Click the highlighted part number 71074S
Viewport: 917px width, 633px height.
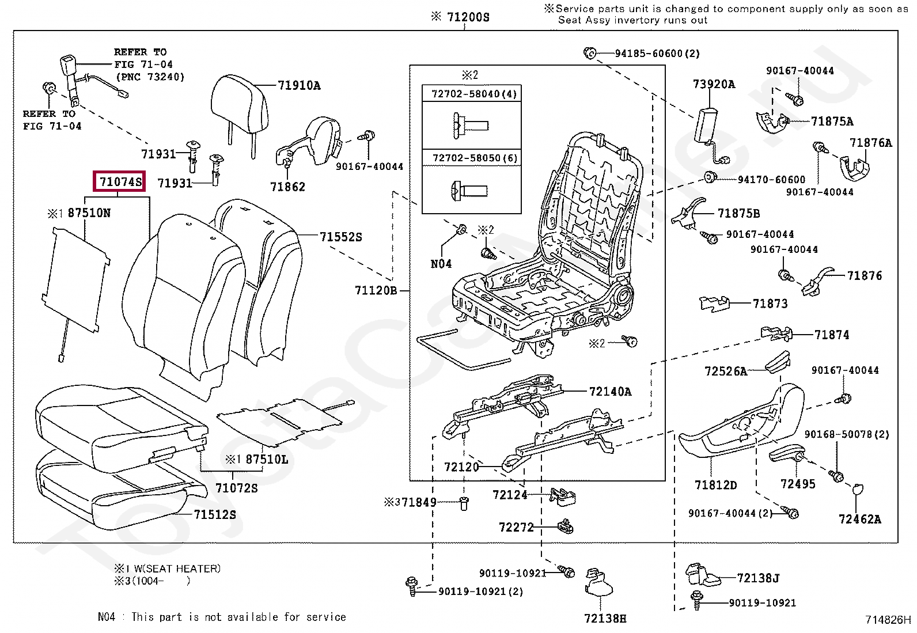pos(120,182)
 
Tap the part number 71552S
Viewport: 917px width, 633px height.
pos(341,237)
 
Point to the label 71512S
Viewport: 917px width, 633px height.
pos(215,514)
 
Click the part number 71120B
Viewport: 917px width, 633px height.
pos(376,290)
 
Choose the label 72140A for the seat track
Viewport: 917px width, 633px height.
pos(610,392)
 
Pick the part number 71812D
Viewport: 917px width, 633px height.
pos(715,485)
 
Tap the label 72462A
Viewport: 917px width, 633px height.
pos(859,519)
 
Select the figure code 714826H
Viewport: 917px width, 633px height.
pos(888,620)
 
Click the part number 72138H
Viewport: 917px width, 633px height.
pos(605,618)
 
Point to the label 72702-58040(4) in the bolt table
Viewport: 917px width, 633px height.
pos(474,94)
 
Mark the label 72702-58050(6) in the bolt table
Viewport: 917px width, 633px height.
pos(475,158)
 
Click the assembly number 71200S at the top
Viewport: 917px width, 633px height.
pos(467,17)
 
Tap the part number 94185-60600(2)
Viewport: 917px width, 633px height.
pos(657,54)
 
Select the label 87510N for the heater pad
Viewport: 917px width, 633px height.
pos(89,213)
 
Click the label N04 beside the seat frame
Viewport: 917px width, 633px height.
pos(441,264)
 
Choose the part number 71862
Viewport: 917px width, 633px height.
pos(287,187)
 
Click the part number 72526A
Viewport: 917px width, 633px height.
pos(725,372)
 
